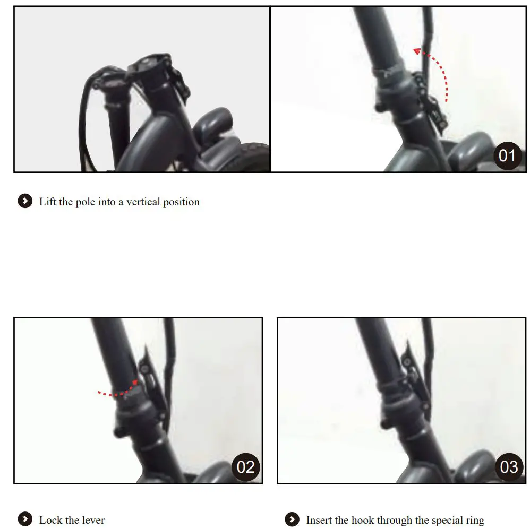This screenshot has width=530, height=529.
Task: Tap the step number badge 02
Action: [245, 466]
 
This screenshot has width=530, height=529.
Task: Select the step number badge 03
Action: [509, 466]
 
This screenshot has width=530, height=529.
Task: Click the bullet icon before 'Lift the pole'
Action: [25, 202]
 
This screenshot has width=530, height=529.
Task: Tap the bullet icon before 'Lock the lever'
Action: [25, 519]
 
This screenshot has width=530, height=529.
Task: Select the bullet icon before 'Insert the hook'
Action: [292, 519]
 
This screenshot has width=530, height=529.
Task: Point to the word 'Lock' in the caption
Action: [51, 520]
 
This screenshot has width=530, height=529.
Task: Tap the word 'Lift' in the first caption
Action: [48, 202]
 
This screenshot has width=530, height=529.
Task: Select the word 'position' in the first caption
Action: [181, 202]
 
